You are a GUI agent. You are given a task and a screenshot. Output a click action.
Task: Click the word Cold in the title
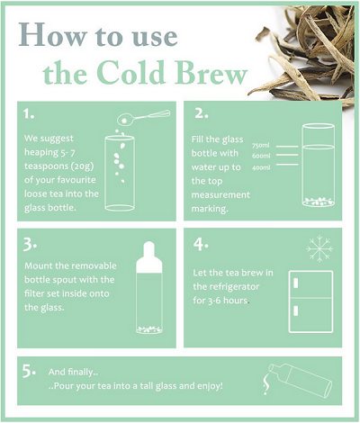pyautogui.click(x=130, y=73)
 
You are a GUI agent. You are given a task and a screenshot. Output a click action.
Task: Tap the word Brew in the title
pyautogui.click(x=211, y=73)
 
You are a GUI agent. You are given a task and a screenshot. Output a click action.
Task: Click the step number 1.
pyautogui.click(x=29, y=113)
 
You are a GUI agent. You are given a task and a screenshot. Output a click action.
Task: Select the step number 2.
pyautogui.click(x=202, y=113)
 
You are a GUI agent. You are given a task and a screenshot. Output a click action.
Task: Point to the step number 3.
pyautogui.click(x=30, y=245)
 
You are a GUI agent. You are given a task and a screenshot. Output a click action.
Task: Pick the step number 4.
pyautogui.click(x=201, y=244)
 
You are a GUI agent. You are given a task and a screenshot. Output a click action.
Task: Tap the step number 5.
pyautogui.click(x=29, y=372)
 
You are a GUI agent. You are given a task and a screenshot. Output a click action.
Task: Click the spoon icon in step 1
pyautogui.click(x=143, y=117)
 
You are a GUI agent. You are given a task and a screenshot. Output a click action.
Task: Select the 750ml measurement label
pyautogui.click(x=261, y=146)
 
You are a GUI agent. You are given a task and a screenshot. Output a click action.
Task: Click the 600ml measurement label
pyautogui.click(x=261, y=156)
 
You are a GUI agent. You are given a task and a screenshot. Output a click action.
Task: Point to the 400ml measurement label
pyautogui.click(x=261, y=167)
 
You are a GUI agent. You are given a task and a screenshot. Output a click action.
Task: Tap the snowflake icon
pyautogui.click(x=319, y=248)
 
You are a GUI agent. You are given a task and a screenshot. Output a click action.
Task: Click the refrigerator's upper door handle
pyautogui.click(x=296, y=283)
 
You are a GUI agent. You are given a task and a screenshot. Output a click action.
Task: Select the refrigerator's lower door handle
pyautogui.click(x=296, y=310)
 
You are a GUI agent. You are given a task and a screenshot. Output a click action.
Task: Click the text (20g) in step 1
pyautogui.click(x=82, y=166)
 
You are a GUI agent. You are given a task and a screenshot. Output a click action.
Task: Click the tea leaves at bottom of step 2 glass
pyautogui.click(x=319, y=202)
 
